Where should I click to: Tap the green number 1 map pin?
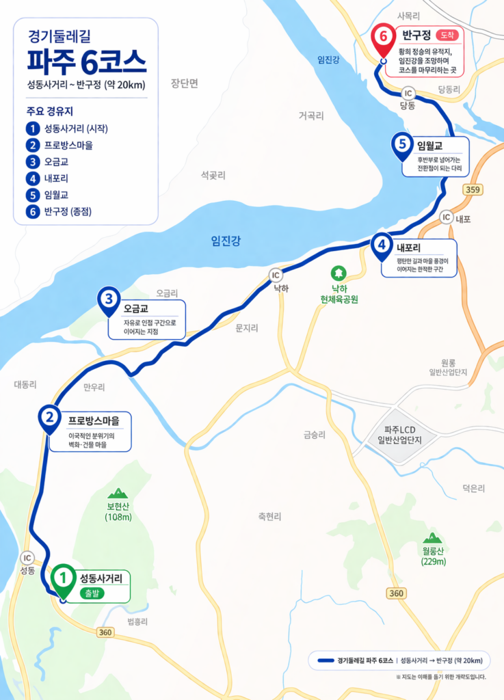click(63, 578)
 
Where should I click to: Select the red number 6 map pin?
click(382, 39)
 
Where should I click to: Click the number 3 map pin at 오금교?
click(109, 300)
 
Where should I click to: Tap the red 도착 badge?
click(447, 34)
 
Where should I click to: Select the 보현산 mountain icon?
click(118, 493)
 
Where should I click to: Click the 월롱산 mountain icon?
click(432, 538)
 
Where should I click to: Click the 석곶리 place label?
click(213, 176)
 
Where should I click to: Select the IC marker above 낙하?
click(276, 275)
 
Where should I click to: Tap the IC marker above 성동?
click(27, 557)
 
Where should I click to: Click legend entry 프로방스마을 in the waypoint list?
click(68, 145)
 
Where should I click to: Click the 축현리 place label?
click(269, 517)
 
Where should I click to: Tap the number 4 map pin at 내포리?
click(382, 245)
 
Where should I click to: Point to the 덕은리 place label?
click(473, 488)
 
